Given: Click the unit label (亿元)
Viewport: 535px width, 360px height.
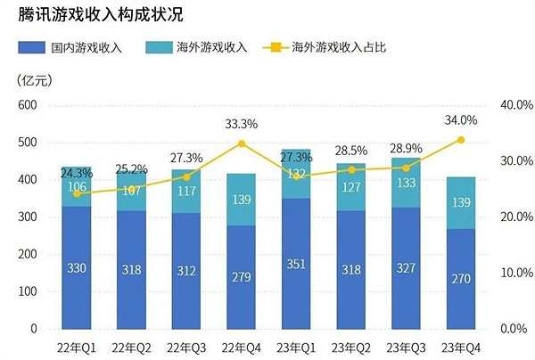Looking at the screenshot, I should pyautogui.click(x=34, y=81).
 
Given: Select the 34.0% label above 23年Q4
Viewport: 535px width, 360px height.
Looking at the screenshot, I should pyautogui.click(x=461, y=120).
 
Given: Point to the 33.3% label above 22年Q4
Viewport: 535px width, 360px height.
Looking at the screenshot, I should pyautogui.click(x=241, y=124).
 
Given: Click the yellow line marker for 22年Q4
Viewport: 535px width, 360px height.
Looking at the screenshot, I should pyautogui.click(x=241, y=143).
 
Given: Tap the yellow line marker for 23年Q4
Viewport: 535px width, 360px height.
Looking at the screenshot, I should pyautogui.click(x=461, y=139).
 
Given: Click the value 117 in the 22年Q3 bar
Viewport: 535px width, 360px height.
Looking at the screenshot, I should pyautogui.click(x=186, y=191).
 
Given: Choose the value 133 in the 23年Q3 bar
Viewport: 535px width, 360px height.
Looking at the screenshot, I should pyautogui.click(x=406, y=183).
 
